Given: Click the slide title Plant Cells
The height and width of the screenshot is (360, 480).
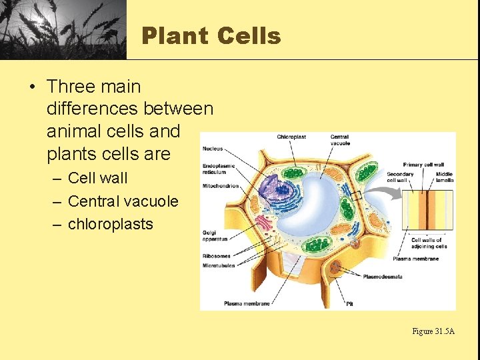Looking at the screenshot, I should [x=211, y=35].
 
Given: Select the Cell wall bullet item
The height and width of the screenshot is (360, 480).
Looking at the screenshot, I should [x=97, y=178].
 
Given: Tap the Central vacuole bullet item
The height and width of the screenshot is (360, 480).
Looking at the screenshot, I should [x=123, y=201].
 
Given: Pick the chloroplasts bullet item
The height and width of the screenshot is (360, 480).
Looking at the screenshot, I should [x=110, y=224].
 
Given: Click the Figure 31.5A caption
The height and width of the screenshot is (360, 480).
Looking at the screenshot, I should [x=433, y=331].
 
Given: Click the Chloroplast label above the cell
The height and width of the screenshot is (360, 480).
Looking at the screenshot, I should [x=291, y=137].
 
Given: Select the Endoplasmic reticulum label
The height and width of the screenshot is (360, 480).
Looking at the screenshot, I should [x=219, y=169].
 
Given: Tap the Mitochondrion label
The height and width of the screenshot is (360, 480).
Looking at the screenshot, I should [x=220, y=186].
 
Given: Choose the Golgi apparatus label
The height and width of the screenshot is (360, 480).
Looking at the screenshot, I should [x=215, y=235].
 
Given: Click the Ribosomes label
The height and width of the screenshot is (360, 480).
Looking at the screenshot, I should [x=216, y=255].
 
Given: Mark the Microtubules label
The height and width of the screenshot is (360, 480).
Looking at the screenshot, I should [x=218, y=265].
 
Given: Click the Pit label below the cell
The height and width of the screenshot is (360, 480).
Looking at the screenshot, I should [x=349, y=303].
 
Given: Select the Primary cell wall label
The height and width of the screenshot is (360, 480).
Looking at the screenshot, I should [x=423, y=165].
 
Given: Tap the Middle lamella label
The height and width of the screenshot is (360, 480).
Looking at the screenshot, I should [x=444, y=177].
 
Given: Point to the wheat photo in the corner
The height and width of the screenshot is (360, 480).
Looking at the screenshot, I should [x=63, y=29].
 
